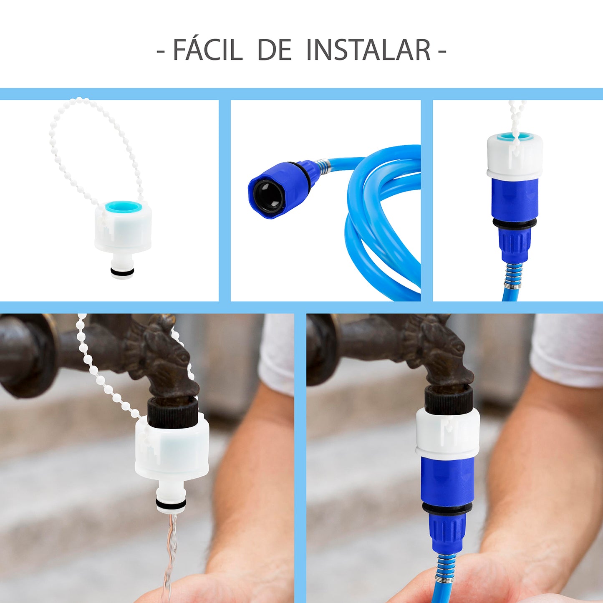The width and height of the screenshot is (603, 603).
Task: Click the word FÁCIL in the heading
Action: [208, 49]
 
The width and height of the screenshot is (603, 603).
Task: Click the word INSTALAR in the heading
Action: [369, 50]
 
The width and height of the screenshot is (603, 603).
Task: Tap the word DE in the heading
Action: [275, 50]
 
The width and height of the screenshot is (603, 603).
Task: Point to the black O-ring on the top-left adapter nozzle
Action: [123, 271]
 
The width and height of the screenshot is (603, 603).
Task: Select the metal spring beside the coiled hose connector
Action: [322, 164]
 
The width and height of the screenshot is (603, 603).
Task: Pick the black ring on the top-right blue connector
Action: [515, 222]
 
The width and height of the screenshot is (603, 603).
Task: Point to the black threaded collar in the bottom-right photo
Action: [449, 399]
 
